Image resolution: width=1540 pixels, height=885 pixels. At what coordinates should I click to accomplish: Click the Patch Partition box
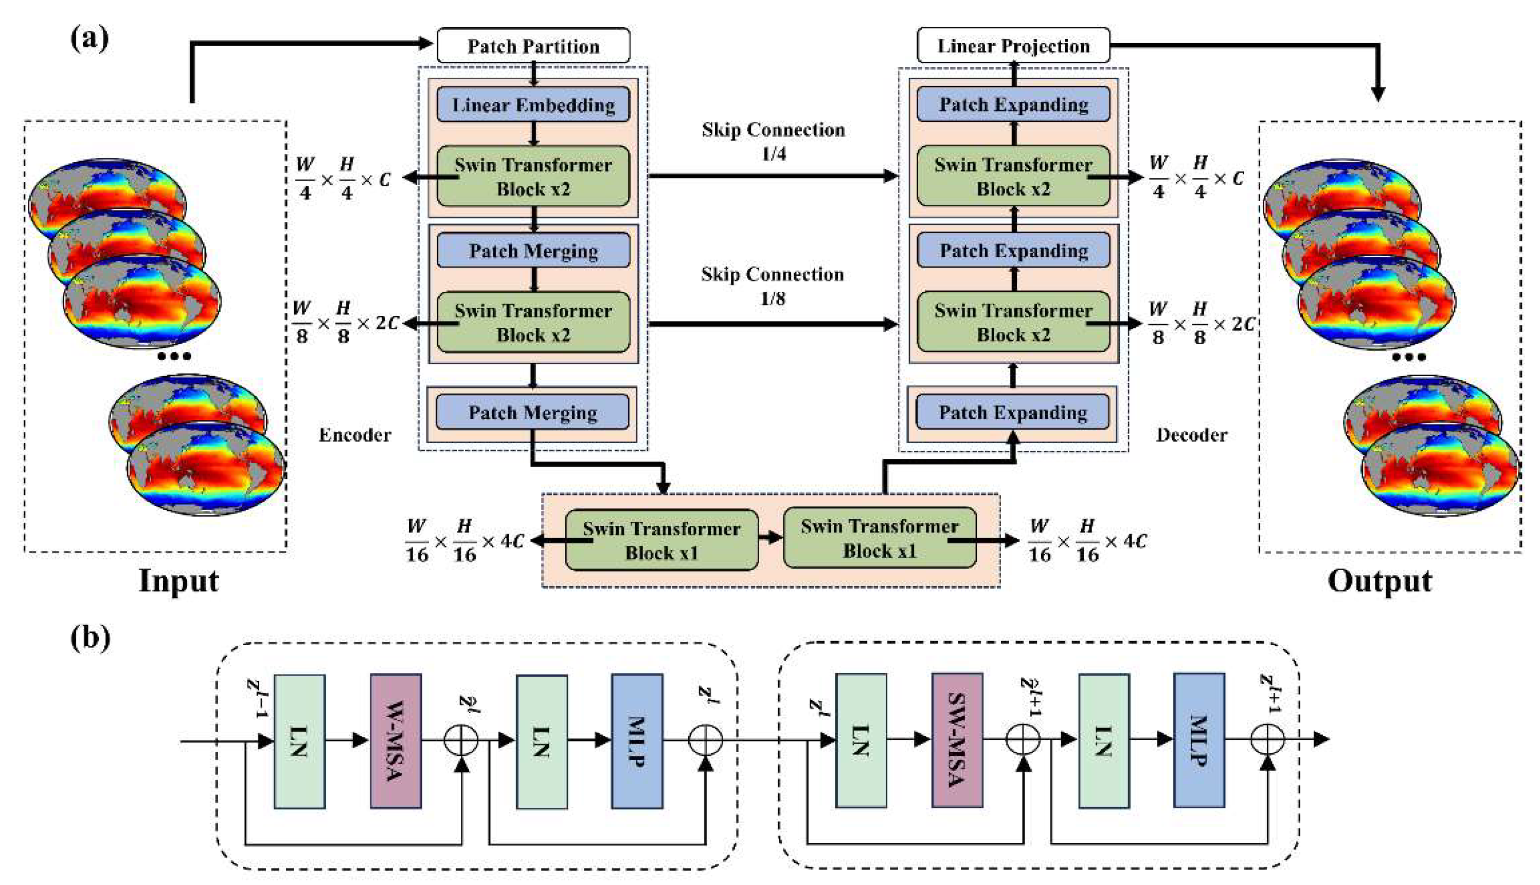[533, 46]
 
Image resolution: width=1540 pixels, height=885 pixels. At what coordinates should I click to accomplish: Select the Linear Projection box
[1013, 46]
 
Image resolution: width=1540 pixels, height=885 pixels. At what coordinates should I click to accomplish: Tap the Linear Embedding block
[533, 104]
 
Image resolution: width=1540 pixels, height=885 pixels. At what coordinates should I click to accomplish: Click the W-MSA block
[396, 740]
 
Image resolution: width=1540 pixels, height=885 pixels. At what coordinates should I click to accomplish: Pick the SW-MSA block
[957, 740]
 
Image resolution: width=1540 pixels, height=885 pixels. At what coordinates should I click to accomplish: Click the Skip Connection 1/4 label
[773, 140]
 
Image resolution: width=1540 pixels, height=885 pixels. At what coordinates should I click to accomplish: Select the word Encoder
[355, 435]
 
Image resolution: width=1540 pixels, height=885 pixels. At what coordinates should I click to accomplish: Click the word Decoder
[1191, 435]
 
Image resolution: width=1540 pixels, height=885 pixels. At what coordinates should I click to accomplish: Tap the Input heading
[178, 580]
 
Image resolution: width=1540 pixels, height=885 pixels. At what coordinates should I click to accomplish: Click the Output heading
[1379, 580]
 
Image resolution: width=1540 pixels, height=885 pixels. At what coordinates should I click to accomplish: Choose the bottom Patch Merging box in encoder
[532, 412]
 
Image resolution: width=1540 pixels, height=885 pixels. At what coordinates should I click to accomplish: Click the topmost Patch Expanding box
[1013, 104]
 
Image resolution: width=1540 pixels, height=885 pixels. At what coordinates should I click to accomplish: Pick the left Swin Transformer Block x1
[661, 540]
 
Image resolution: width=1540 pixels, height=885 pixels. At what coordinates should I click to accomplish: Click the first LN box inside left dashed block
[299, 740]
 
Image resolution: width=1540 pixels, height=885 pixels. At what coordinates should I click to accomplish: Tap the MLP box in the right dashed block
[1198, 740]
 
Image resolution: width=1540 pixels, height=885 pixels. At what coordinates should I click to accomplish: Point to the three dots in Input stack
[174, 356]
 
